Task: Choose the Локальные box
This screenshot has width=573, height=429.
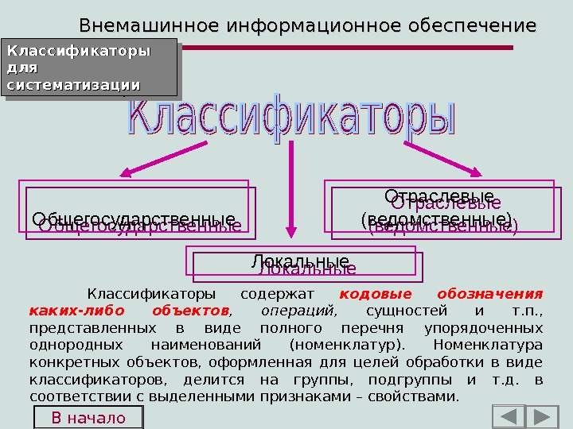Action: pyautogui.click(x=300, y=262)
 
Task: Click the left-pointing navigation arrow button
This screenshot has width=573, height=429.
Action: pyautogui.click(x=509, y=417)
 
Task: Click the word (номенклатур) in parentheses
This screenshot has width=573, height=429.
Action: pyautogui.click(x=347, y=345)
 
